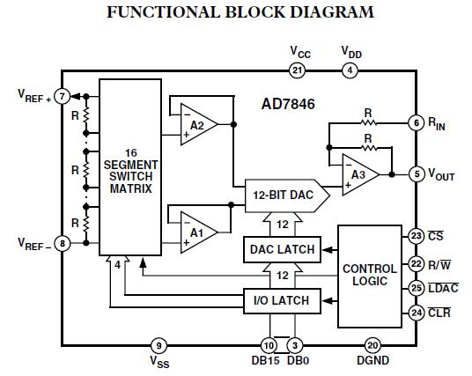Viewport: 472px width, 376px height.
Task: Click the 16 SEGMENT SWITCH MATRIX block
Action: (x=129, y=165)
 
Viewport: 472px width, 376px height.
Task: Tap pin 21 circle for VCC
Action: (x=297, y=70)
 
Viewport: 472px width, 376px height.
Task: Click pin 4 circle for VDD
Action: (x=350, y=70)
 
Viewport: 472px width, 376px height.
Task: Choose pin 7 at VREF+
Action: (x=62, y=95)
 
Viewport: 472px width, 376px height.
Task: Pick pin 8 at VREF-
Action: (x=62, y=243)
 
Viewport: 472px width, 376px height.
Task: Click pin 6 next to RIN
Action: (x=417, y=123)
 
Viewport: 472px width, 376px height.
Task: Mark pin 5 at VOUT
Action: (x=417, y=174)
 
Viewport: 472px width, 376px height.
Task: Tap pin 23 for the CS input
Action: (x=417, y=235)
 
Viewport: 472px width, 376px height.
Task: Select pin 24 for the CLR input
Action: (x=417, y=312)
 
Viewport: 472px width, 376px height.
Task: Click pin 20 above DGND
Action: (x=372, y=344)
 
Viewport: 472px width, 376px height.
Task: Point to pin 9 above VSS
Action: (x=159, y=344)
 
